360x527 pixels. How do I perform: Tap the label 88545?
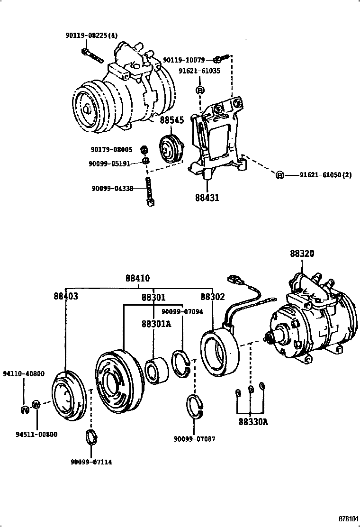pyautogui.click(x=171, y=121)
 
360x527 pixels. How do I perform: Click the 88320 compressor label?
pyautogui.click(x=302, y=254)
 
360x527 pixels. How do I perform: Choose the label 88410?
pyautogui.click(x=138, y=278)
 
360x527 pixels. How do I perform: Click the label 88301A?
pyautogui.click(x=154, y=325)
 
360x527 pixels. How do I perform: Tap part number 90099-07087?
pyautogui.click(x=195, y=439)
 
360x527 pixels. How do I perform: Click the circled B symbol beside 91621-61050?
pyautogui.click(x=279, y=175)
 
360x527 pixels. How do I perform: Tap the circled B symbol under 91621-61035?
pyautogui.click(x=200, y=90)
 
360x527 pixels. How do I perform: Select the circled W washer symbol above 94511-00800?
pyautogui.click(x=36, y=405)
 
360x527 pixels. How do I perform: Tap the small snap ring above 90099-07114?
pyautogui.click(x=90, y=436)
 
